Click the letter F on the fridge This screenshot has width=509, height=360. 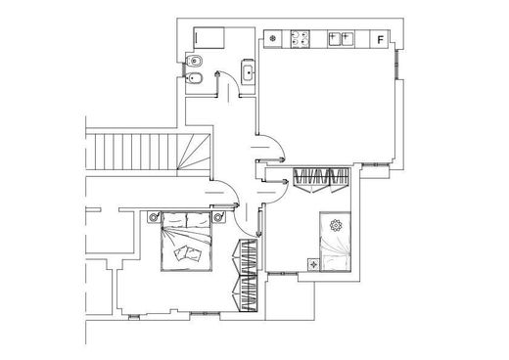pyautogui.click(x=380, y=40)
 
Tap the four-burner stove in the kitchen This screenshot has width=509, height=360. pyautogui.click(x=301, y=38)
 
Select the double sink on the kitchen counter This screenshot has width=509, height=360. pyautogui.click(x=341, y=39)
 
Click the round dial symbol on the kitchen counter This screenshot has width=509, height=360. pyautogui.click(x=273, y=39)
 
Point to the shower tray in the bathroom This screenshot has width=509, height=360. pyautogui.click(x=208, y=38)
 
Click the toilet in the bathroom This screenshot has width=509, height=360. pyautogui.click(x=194, y=61)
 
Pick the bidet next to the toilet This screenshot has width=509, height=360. pyautogui.click(x=194, y=78)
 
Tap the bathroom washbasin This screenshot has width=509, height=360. pyautogui.click(x=248, y=71)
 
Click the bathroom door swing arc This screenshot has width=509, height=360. pyautogui.click(x=234, y=80)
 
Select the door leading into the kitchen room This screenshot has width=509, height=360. pyautogui.click(x=271, y=148)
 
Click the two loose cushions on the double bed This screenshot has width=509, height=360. pyautogui.click(x=187, y=253)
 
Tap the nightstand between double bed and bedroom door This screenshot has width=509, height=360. pyautogui.click(x=219, y=217)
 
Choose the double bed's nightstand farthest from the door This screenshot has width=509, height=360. pyautogui.click(x=154, y=217)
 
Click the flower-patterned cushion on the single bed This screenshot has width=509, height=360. pyautogui.click(x=336, y=226)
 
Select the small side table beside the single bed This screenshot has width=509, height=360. pyautogui.click(x=313, y=265)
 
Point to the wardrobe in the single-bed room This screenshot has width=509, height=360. pyautogui.click(x=321, y=180)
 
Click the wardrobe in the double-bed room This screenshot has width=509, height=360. pyautogui.click(x=248, y=276)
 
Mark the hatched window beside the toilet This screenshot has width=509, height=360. pyautogui.click(x=183, y=69)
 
